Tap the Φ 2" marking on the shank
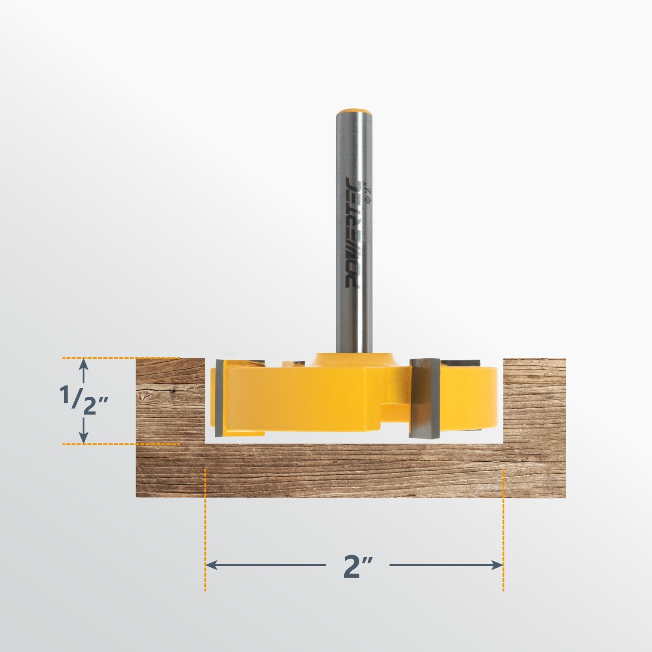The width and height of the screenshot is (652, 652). (368, 193)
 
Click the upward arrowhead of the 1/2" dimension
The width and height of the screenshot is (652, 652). (84, 366)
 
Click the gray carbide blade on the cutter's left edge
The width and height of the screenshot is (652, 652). (220, 398)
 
